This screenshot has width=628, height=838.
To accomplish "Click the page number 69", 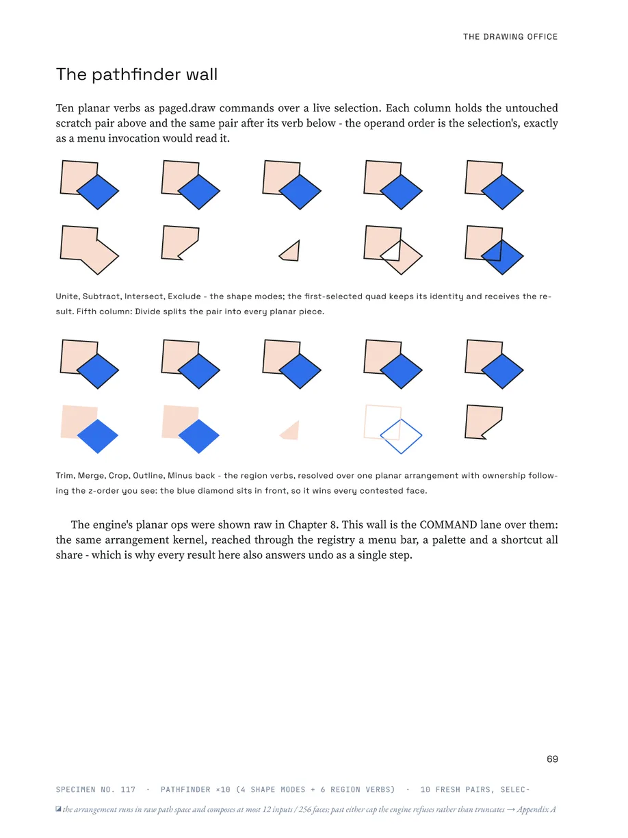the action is click(552, 759).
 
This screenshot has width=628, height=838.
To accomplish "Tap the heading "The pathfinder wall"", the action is click(137, 74).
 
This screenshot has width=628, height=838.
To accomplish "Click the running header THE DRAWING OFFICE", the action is click(510, 37).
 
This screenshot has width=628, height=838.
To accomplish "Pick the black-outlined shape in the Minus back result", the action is click(483, 422).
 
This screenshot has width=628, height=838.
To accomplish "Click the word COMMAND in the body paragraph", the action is click(448, 524).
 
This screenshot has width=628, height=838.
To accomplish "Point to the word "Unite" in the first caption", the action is click(67, 296).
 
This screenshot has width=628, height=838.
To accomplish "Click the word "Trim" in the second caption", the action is click(64, 475).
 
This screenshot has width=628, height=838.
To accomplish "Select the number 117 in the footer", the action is click(128, 789).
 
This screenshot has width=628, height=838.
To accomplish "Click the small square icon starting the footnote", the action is click(58, 809).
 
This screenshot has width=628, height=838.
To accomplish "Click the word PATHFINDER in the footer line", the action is click(185, 789).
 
